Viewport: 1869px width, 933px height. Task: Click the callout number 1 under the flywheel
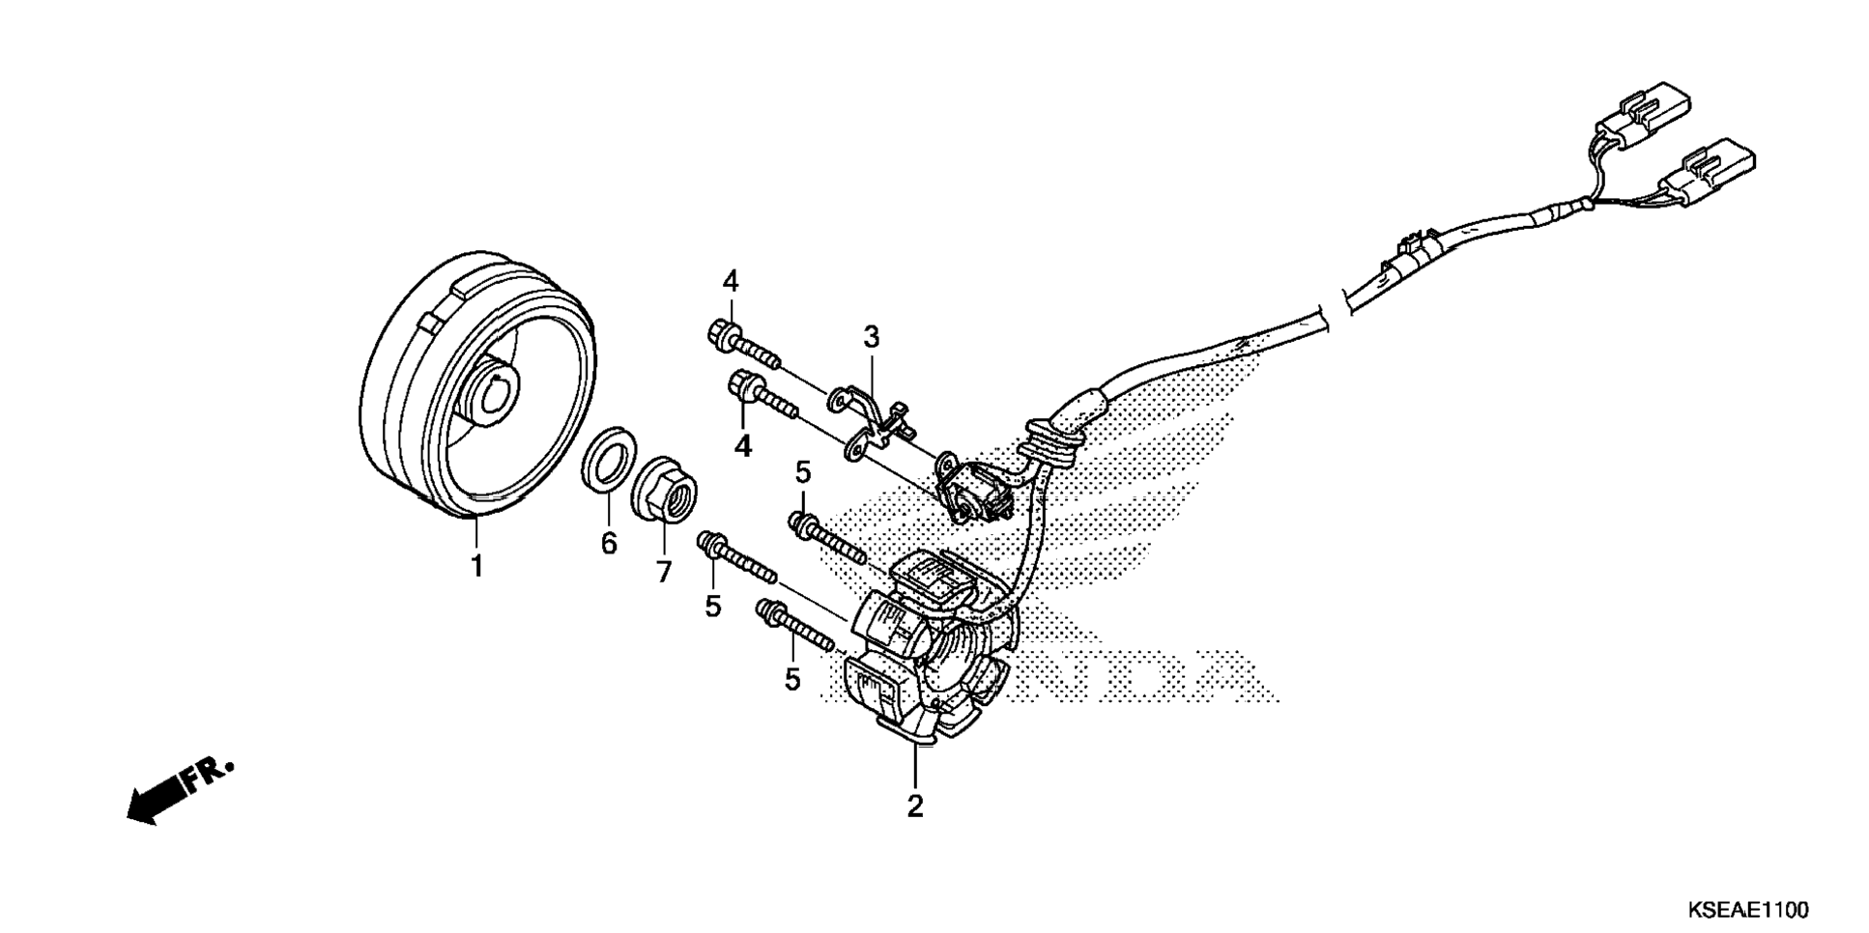(x=475, y=565)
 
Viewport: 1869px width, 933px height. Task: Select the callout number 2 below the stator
(x=914, y=805)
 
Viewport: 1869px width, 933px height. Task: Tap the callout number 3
(x=871, y=337)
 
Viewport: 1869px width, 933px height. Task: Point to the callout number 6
(x=609, y=544)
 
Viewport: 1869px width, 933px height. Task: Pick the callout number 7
(x=663, y=572)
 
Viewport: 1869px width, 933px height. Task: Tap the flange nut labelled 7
(x=666, y=488)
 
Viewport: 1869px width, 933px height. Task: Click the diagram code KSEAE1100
(x=1748, y=911)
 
